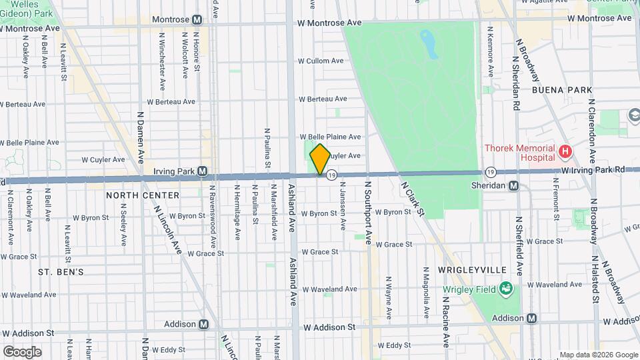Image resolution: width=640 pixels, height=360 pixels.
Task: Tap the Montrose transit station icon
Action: [197, 20]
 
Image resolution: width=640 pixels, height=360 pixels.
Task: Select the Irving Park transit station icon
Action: [201, 171]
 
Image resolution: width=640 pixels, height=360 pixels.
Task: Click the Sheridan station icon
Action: [514, 185]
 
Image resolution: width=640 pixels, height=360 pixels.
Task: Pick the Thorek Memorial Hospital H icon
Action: [565, 153]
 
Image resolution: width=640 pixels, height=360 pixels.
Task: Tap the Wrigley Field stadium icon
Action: [507, 289]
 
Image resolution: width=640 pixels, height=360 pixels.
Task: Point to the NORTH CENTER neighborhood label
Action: [143, 195]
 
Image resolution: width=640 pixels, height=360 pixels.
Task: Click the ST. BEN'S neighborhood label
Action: [61, 272]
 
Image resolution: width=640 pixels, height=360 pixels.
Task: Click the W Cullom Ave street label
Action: [321, 61]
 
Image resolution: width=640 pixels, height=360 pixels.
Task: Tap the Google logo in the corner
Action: [22, 351]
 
